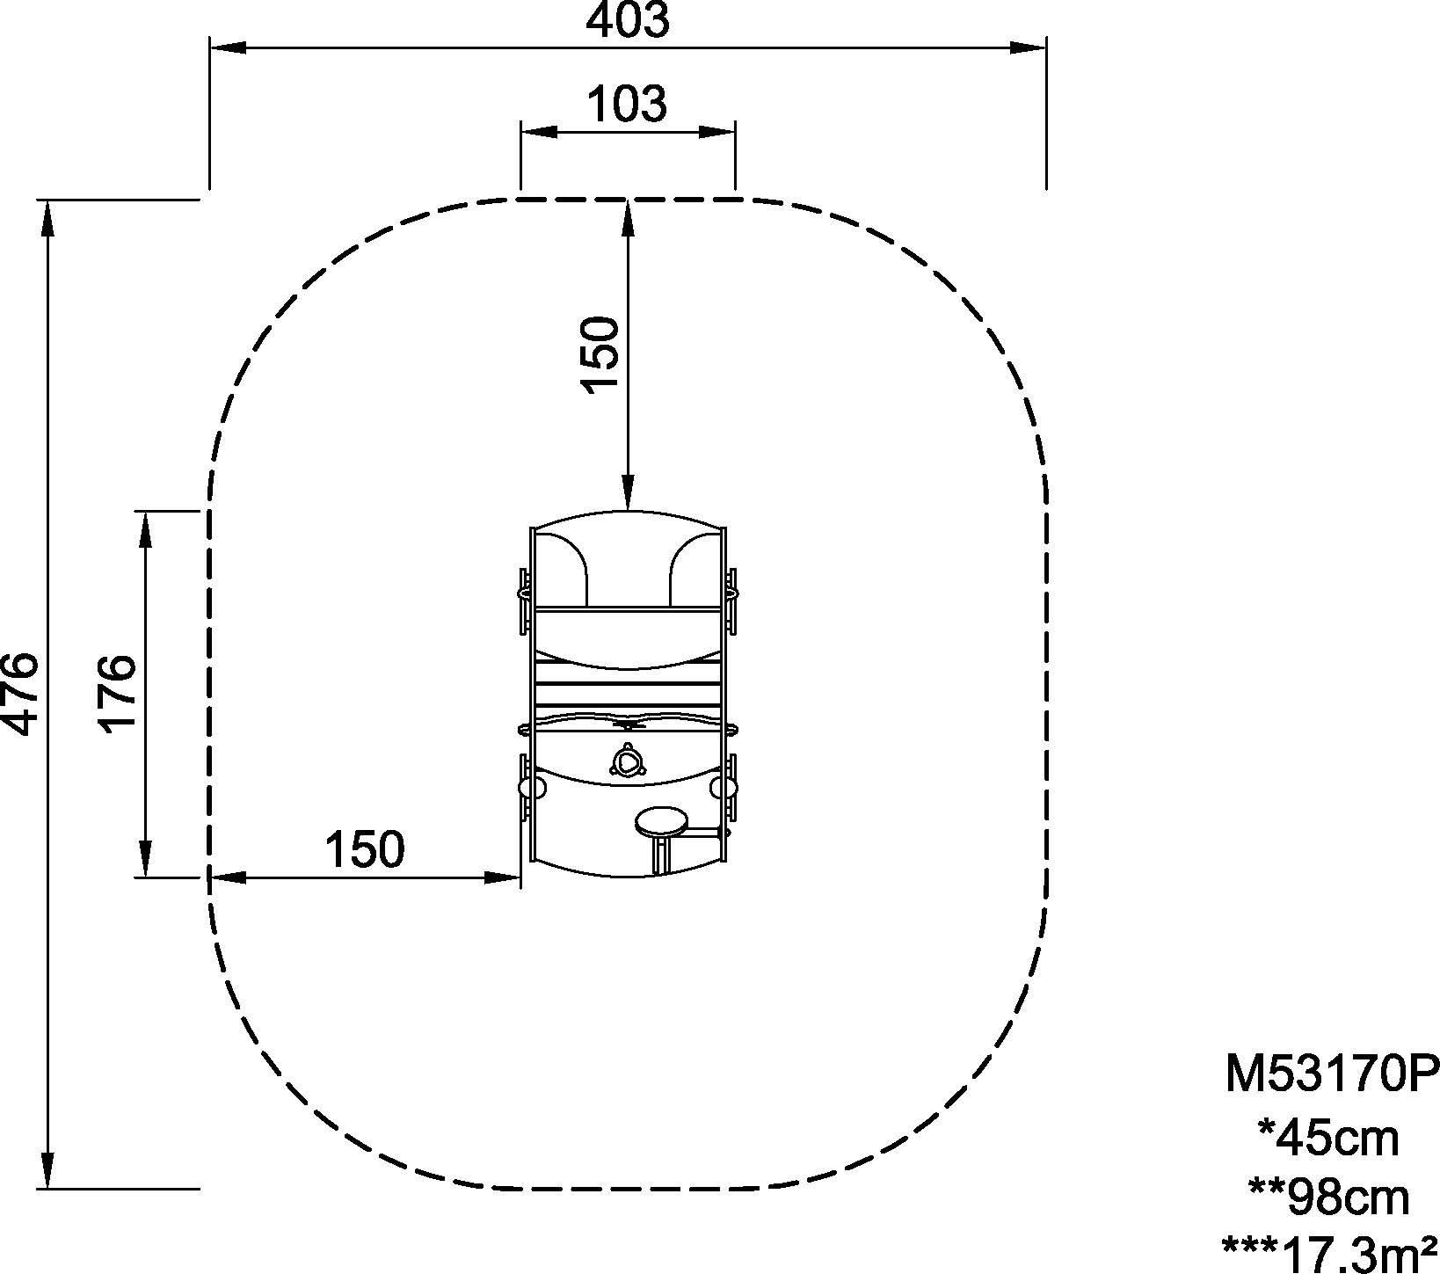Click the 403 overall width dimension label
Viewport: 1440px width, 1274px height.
coord(628,20)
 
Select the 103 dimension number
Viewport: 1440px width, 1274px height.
coord(627,105)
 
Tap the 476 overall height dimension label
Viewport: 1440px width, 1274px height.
coord(20,693)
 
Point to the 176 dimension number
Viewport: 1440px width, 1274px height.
coord(117,693)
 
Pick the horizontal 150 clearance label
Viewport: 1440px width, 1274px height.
coord(365,849)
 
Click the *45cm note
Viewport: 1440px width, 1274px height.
coord(1328,1139)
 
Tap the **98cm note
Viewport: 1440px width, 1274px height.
coord(1328,1197)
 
